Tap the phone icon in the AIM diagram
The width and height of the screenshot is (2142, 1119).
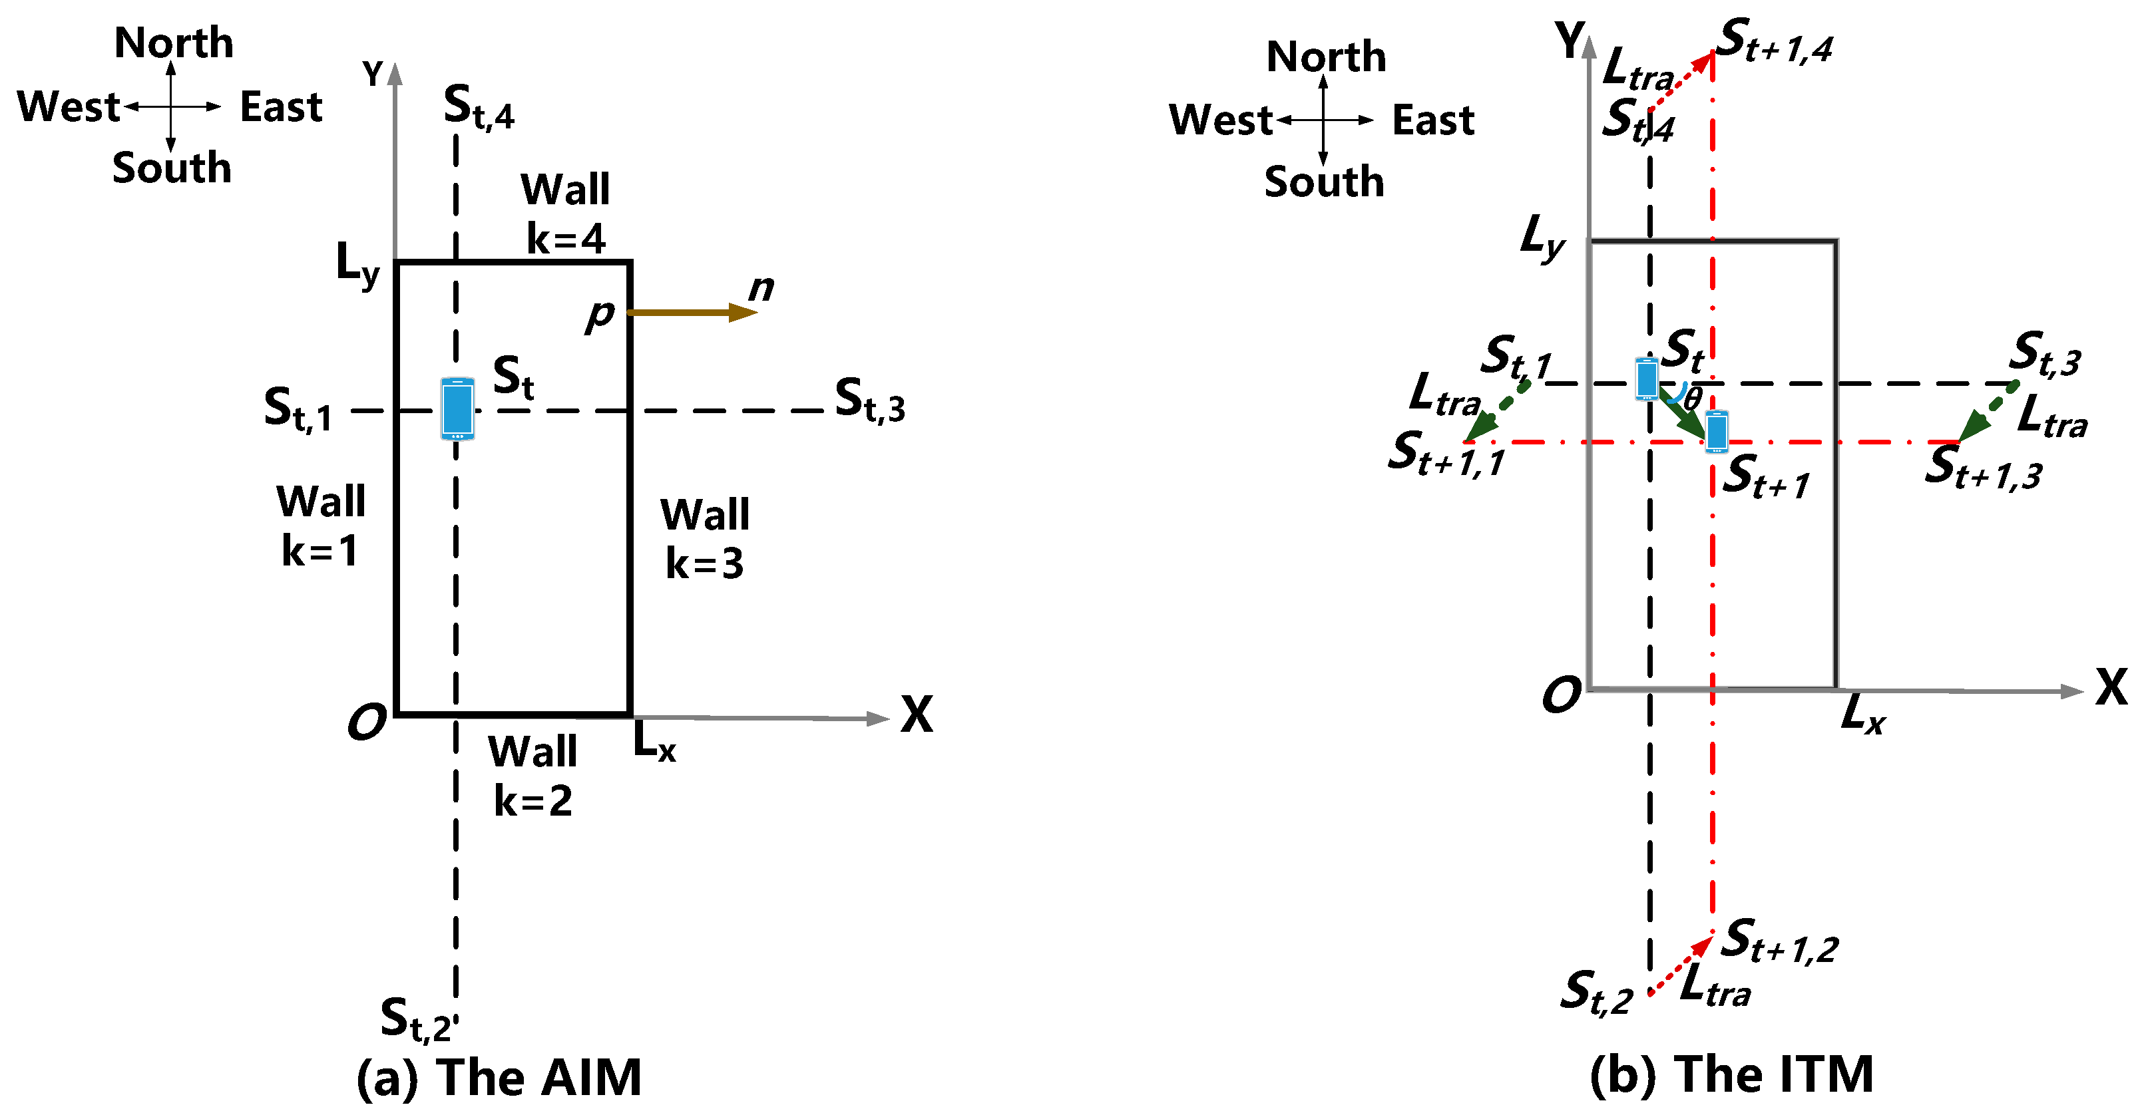(x=457, y=408)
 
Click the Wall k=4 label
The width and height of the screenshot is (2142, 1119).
(x=565, y=214)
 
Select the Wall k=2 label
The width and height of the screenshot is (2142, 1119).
(x=533, y=776)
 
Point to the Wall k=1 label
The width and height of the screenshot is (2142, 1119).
(x=321, y=526)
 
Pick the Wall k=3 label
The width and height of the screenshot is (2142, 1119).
(x=705, y=539)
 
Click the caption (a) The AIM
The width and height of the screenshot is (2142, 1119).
(x=499, y=1078)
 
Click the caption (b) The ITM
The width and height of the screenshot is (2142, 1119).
(x=1731, y=1074)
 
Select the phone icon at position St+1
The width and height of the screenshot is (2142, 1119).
(x=1716, y=432)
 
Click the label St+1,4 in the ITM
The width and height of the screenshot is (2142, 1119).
(x=1775, y=41)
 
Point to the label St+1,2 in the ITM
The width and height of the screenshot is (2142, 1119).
(x=1779, y=941)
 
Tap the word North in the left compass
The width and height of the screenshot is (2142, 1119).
(x=174, y=43)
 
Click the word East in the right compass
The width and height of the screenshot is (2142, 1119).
(x=1432, y=120)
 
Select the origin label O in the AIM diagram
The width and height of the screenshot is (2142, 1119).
(x=367, y=722)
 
